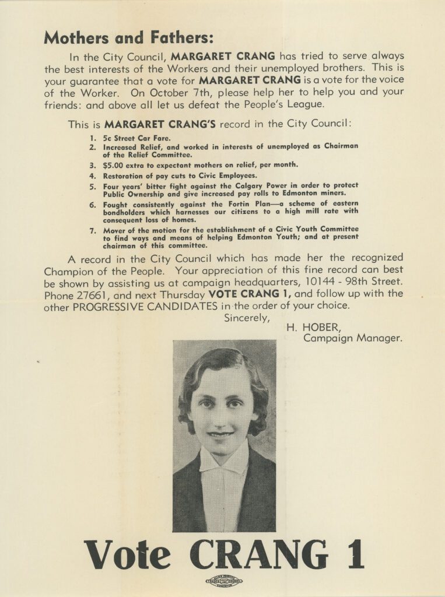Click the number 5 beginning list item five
pos(92,186)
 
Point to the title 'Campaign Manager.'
pos(353,338)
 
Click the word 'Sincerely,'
pos(247,318)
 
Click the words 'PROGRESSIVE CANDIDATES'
pos(143,305)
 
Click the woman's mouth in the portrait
pos(221,433)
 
